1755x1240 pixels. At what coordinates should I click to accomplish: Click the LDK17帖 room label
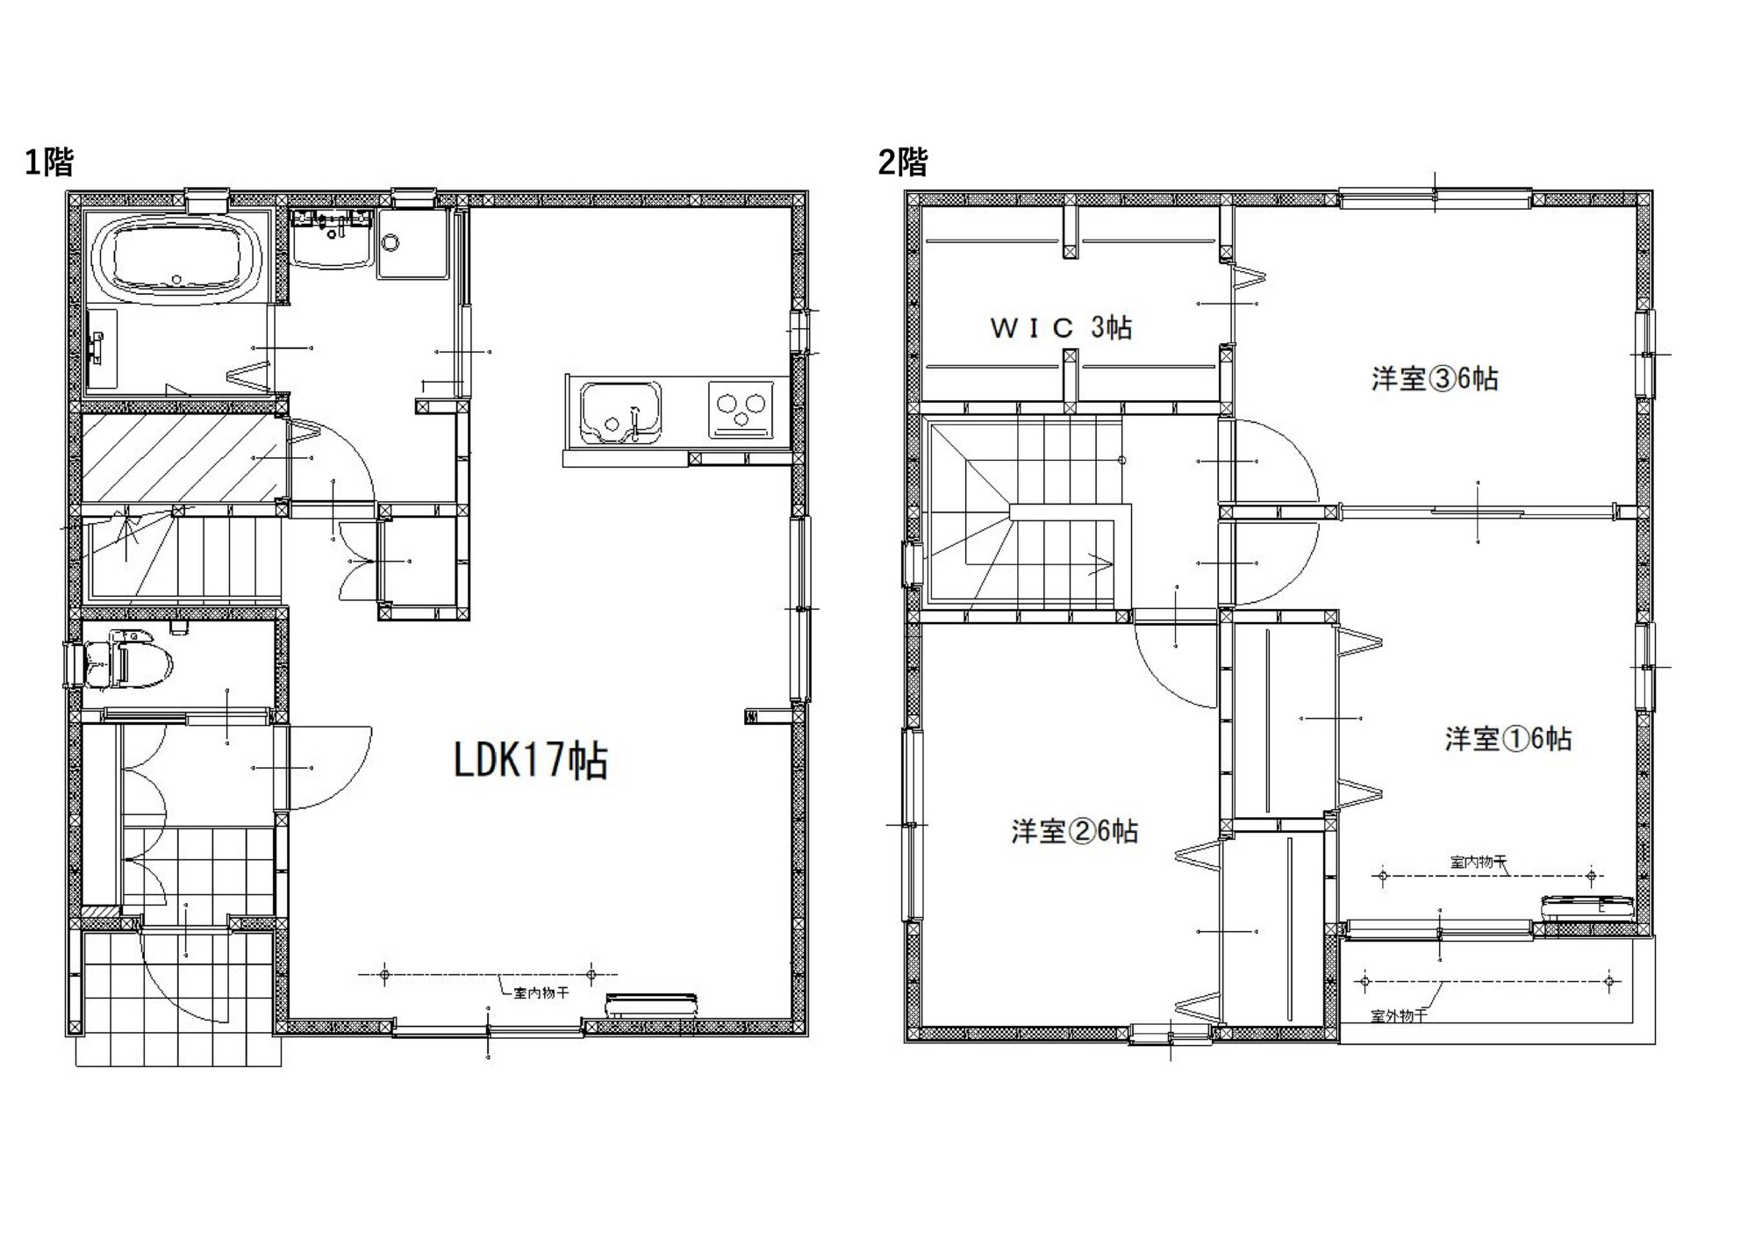(531, 761)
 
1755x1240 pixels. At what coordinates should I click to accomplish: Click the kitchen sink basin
(620, 412)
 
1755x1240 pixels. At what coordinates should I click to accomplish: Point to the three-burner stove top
(740, 409)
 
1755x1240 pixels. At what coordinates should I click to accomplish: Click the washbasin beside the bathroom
(332, 237)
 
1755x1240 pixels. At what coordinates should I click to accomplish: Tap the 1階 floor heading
(49, 162)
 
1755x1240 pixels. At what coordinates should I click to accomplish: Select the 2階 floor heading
(903, 162)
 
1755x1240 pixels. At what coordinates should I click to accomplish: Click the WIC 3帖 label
(1061, 328)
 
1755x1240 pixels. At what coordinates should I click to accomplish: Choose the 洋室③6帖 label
(1435, 379)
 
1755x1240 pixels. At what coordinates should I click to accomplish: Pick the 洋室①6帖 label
(1508, 739)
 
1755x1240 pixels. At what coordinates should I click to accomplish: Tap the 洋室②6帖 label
(1075, 831)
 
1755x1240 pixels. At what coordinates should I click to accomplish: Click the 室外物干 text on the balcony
(1399, 1016)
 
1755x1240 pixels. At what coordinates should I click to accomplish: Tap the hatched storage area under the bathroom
(184, 458)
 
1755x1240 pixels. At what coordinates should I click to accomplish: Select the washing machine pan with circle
(411, 244)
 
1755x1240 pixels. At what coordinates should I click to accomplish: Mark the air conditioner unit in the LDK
(652, 1006)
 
